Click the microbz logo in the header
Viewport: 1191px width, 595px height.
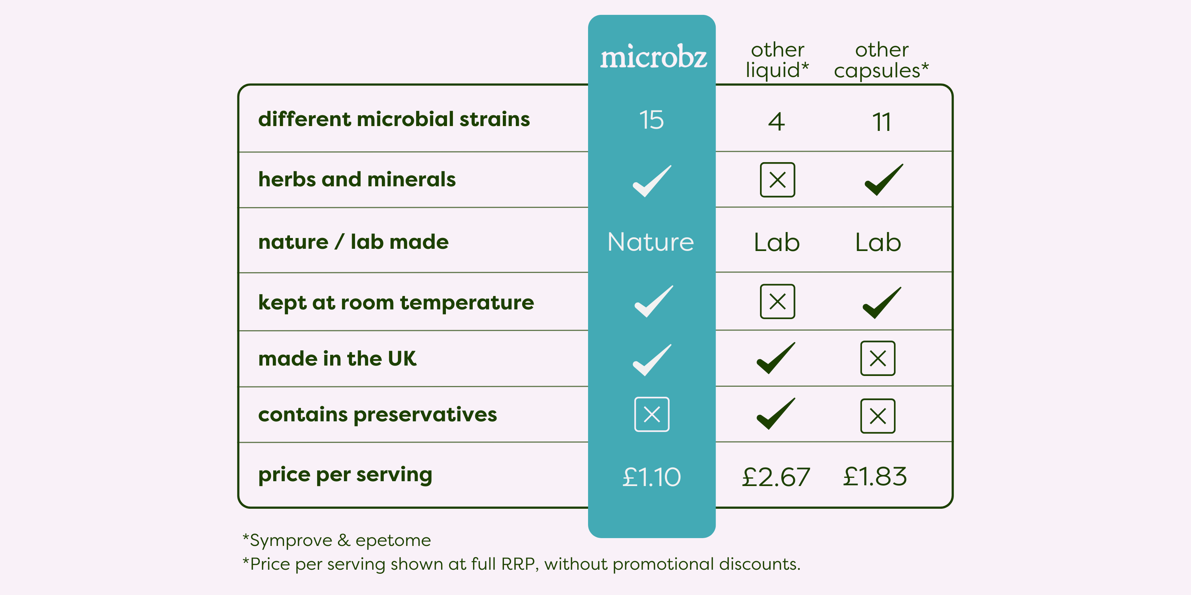point(653,57)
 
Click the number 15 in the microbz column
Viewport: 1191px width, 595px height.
point(651,120)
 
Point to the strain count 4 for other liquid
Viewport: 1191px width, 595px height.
point(777,122)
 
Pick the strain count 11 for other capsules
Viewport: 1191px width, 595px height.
point(881,122)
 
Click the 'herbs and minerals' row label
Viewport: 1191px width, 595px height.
point(357,179)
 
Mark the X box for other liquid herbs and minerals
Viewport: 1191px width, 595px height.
point(777,180)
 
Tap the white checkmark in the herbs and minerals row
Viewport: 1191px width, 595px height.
point(652,181)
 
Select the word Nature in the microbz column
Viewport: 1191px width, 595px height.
point(651,242)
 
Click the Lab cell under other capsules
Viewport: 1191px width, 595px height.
point(878,242)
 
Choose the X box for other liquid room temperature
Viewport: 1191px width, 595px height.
point(777,301)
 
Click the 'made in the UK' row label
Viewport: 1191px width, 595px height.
point(338,358)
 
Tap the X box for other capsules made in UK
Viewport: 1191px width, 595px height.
point(878,358)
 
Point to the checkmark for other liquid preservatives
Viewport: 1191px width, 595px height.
point(776,414)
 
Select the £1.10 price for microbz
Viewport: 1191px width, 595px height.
point(651,477)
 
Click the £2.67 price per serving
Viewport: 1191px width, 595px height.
point(776,477)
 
